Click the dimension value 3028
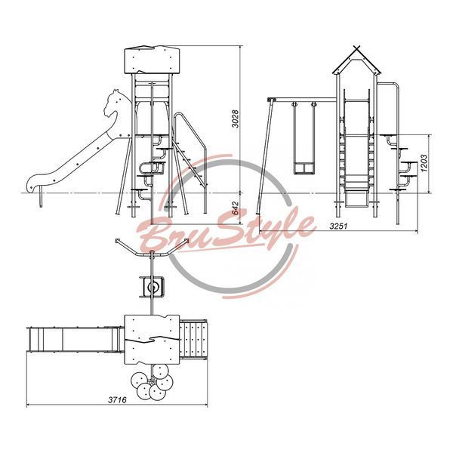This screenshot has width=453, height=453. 236,119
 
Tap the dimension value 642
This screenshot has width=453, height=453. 236,208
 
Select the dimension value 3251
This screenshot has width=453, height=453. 338,226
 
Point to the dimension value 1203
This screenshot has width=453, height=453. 424,164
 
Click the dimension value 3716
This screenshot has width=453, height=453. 117,400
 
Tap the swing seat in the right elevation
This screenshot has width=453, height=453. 304,168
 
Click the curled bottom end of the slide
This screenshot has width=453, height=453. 32,183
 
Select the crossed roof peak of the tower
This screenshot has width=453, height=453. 357,48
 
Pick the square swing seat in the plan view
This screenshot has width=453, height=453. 152,287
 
